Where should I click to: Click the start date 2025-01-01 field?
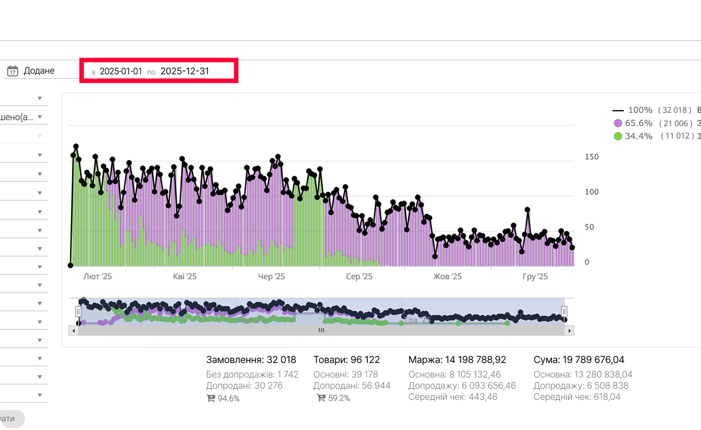click(x=121, y=71)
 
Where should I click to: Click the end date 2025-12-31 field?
click(x=184, y=71)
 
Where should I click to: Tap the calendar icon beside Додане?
click(x=12, y=71)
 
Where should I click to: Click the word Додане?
click(x=39, y=71)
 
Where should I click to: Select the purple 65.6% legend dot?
click(x=618, y=123)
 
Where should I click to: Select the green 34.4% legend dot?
click(x=618, y=136)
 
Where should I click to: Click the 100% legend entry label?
click(x=640, y=110)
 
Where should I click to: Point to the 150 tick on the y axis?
click(x=591, y=157)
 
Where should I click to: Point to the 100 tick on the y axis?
click(x=591, y=192)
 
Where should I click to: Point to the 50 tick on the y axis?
click(x=589, y=227)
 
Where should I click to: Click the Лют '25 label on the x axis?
click(x=97, y=276)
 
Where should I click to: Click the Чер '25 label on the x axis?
click(x=271, y=276)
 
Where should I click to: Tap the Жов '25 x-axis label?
click(x=448, y=276)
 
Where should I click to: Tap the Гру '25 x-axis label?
click(x=535, y=276)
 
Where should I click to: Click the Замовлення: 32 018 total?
click(x=251, y=360)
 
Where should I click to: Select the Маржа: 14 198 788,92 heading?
click(x=457, y=360)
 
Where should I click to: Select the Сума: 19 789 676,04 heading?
click(x=579, y=360)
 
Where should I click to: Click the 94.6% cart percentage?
click(x=228, y=399)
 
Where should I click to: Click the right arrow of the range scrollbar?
click(x=570, y=331)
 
